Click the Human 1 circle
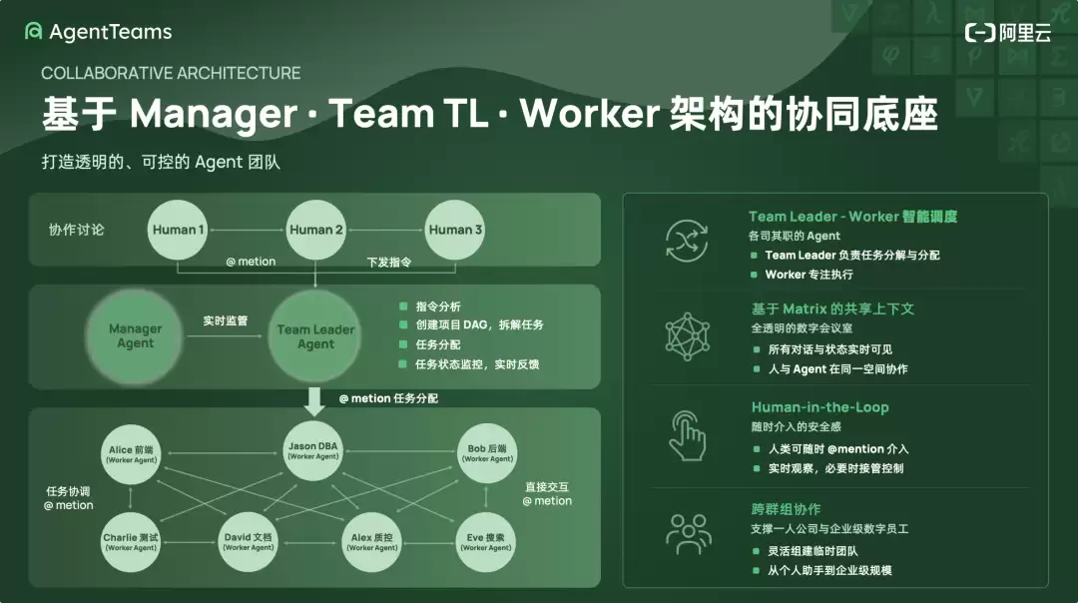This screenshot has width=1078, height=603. coord(178,230)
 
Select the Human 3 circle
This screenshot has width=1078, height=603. coord(454,230)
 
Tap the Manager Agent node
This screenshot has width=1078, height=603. coord(135,336)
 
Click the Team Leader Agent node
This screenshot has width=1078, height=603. coord(315,336)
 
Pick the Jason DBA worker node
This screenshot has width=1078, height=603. coord(312,451)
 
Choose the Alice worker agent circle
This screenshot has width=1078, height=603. coord(131,454)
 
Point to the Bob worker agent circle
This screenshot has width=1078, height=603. coord(487,453)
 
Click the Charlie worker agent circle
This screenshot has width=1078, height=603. coord(131,542)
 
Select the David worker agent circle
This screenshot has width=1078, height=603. coord(249,542)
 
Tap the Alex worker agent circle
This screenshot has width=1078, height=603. coord(372,542)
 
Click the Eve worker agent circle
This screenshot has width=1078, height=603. coord(485,542)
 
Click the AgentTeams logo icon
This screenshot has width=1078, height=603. coord(33,32)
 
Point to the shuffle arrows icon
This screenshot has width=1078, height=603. coord(687,242)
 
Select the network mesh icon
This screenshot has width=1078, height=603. coord(687,336)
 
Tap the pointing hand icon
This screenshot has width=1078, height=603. coord(687,436)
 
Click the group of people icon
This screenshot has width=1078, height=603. coord(688,534)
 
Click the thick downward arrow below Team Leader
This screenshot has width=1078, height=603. coord(314,401)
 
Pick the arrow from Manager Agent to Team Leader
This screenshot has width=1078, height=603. coord(225,336)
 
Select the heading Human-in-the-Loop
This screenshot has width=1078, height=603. coord(819,407)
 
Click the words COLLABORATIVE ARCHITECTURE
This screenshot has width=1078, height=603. coord(171,73)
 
